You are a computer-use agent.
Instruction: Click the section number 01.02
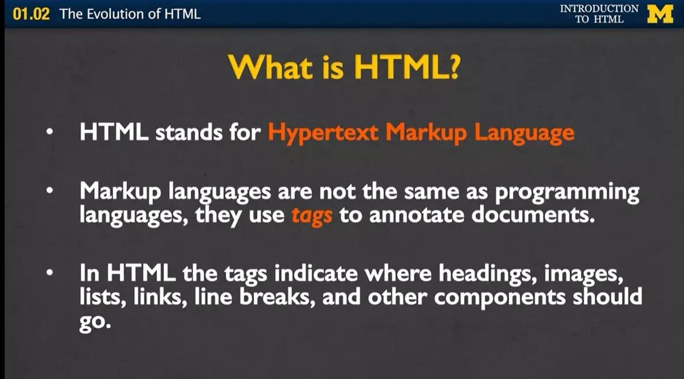click(x=31, y=14)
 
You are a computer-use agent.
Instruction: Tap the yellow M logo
click(x=660, y=14)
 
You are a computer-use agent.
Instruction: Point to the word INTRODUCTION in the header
click(x=599, y=9)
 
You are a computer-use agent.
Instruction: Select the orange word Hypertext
click(x=323, y=133)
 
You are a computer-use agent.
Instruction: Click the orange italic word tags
click(x=312, y=215)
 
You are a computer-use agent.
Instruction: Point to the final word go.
click(x=94, y=322)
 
